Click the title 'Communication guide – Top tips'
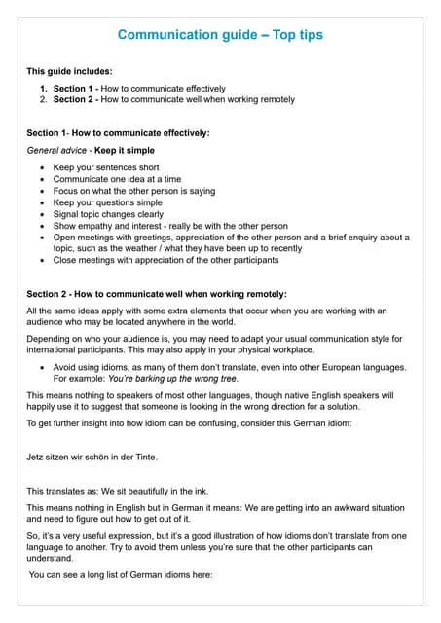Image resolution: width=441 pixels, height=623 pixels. pyautogui.click(x=220, y=35)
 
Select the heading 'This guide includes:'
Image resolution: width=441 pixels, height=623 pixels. pyautogui.click(x=68, y=71)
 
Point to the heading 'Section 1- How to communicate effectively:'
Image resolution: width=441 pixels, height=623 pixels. pyautogui.click(x=118, y=132)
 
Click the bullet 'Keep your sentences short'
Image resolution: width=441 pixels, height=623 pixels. pyautogui.click(x=105, y=168)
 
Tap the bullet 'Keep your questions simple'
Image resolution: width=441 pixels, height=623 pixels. pyautogui.click(x=108, y=202)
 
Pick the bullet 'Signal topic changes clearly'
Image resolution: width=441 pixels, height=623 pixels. pyautogui.click(x=108, y=214)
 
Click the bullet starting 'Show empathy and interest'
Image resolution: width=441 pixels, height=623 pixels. pyautogui.click(x=170, y=226)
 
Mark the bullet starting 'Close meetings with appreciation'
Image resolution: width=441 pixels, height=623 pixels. pyautogui.click(x=165, y=260)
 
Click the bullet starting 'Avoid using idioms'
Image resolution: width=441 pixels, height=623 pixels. pyautogui.click(x=229, y=367)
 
